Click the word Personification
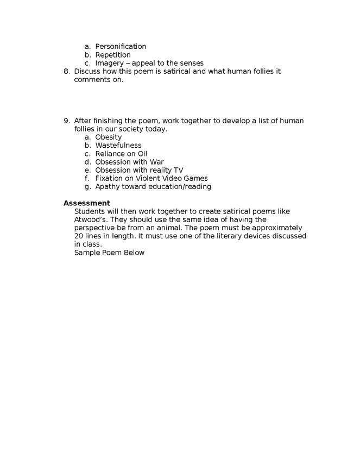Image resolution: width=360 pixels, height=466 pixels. pyautogui.click(x=121, y=47)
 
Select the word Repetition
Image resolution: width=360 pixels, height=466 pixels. pyautogui.click(x=113, y=55)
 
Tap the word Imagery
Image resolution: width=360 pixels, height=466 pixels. pyautogui.click(x=110, y=63)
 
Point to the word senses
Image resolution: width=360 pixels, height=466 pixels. pyautogui.click(x=190, y=63)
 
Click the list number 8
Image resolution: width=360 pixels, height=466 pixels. pyautogui.click(x=66, y=72)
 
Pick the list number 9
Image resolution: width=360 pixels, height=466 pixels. pyautogui.click(x=66, y=121)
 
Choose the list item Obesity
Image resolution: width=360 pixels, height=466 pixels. pyautogui.click(x=109, y=137)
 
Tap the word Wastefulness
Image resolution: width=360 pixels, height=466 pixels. pyautogui.click(x=118, y=146)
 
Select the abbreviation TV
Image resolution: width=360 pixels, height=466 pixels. pyautogui.click(x=178, y=170)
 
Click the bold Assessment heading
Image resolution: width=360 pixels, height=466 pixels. pyautogui.click(x=87, y=203)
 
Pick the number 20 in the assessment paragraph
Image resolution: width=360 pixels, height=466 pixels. pyautogui.click(x=79, y=236)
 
